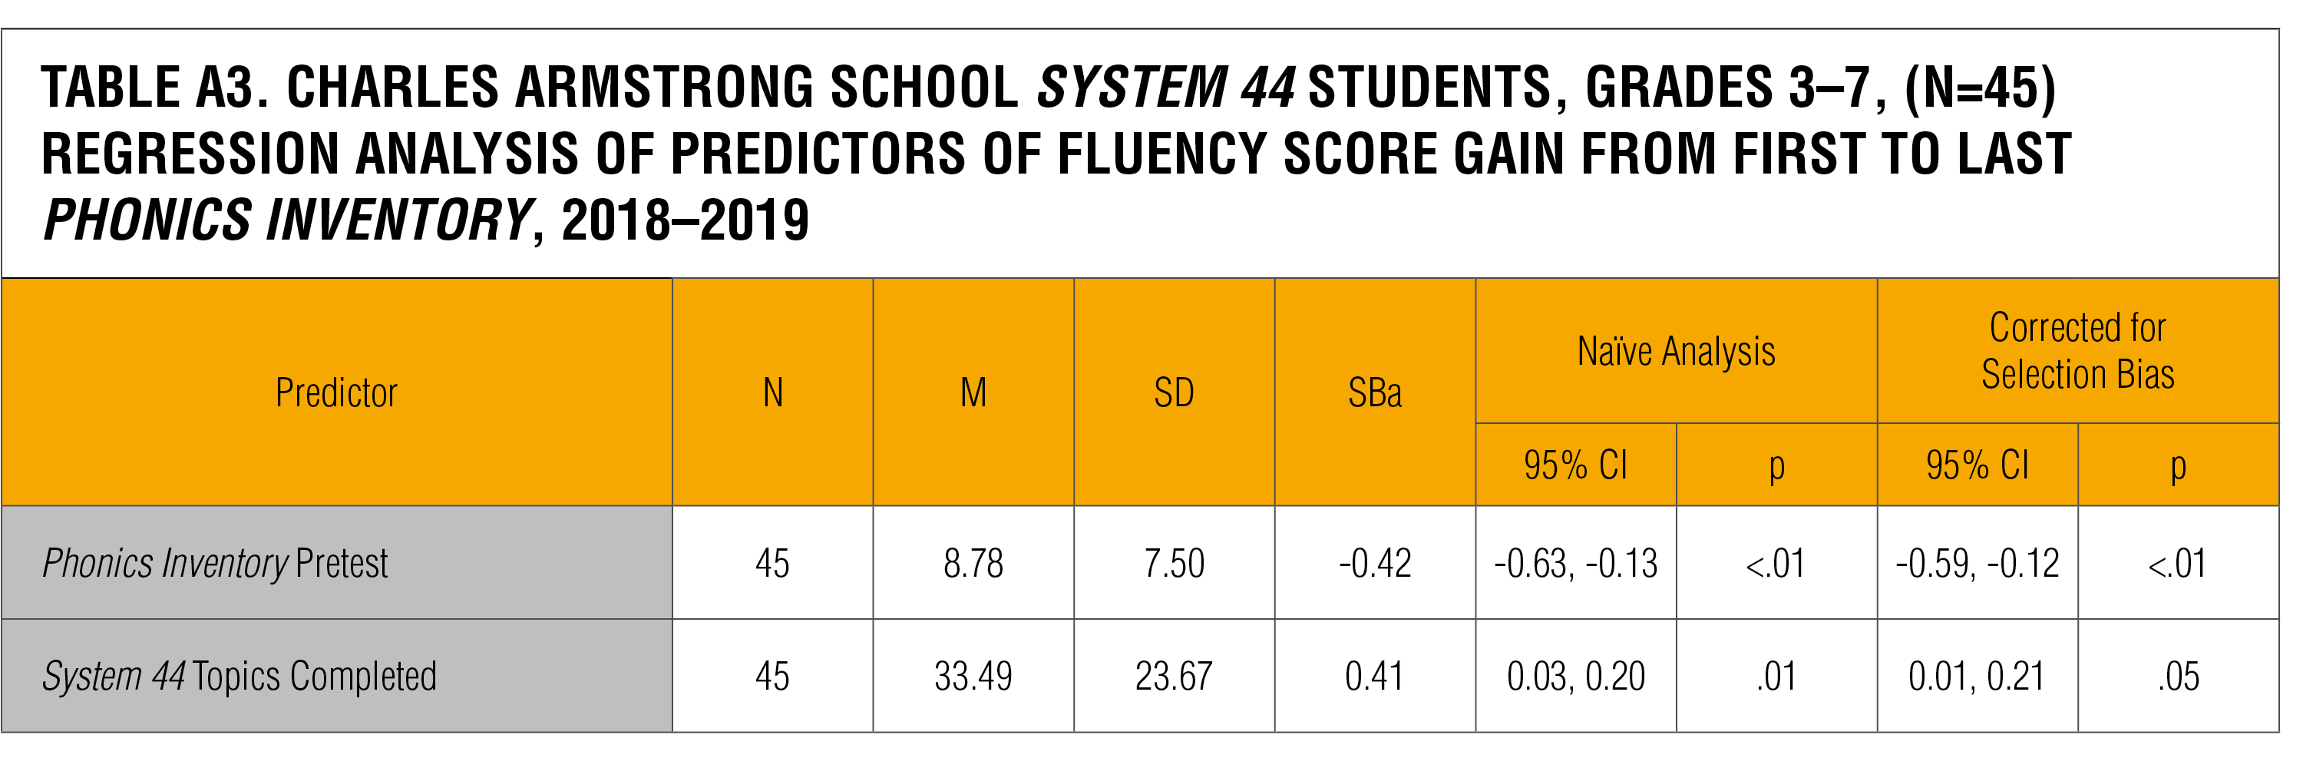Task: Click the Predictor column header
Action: pos(336,393)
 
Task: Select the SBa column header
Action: pos(1374,393)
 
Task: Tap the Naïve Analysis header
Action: pos(1675,352)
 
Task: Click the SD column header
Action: pos(1174,393)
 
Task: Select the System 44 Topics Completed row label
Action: pos(240,677)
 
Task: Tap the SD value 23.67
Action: pos(1174,677)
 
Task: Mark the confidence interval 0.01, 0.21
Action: pos(1977,677)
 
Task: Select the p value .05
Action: pos(2178,677)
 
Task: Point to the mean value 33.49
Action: pos(973,677)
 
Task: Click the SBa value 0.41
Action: pos(1374,677)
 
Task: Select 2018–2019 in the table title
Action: pos(685,220)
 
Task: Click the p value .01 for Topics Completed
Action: pos(1776,677)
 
